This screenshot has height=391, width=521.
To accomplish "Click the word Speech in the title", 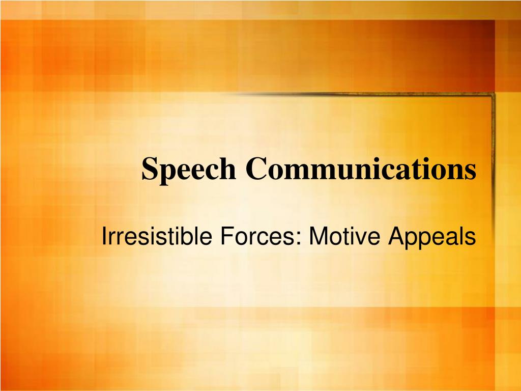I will click(x=189, y=170).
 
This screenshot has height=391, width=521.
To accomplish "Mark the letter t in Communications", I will click(x=413, y=170).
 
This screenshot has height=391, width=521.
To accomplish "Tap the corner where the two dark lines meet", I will click(x=493, y=94).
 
